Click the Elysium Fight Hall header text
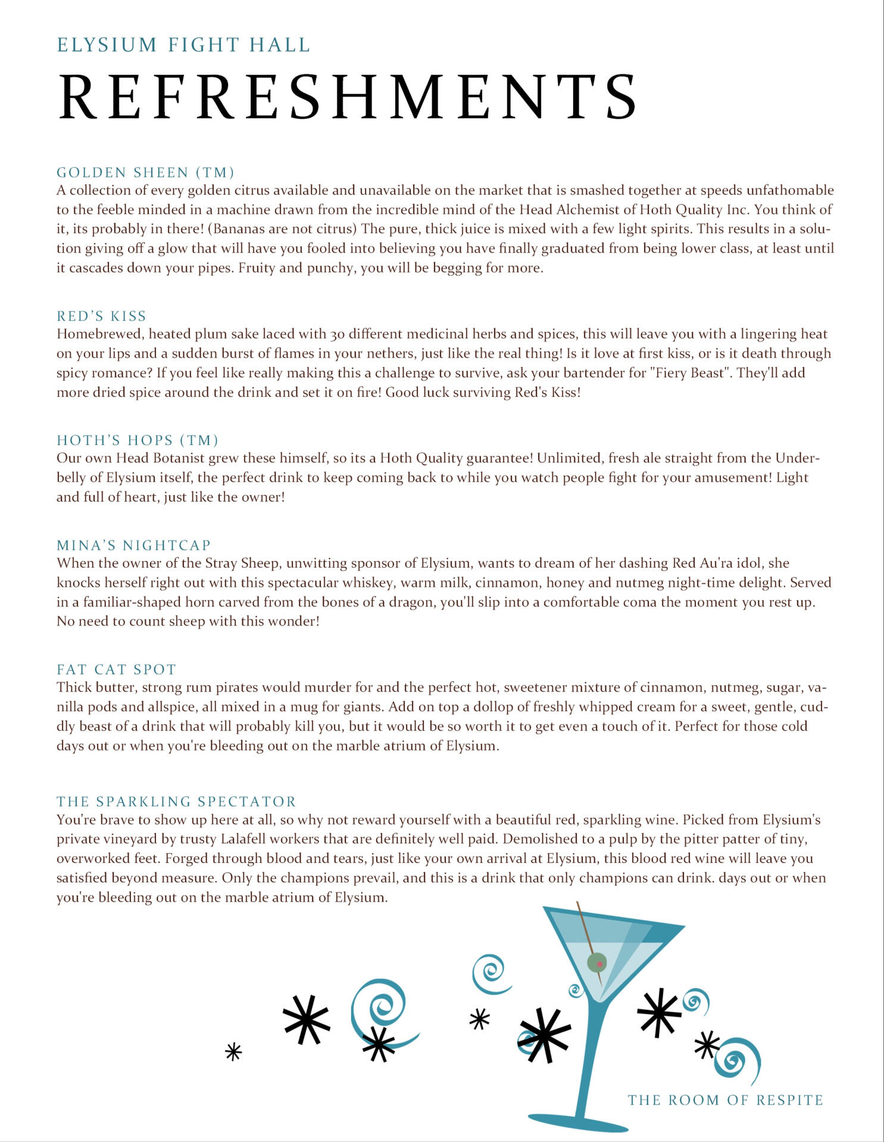coord(183,45)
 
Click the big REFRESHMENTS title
coord(348,97)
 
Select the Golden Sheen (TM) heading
coord(145,173)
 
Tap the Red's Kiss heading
coord(101,316)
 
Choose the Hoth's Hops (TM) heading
coord(138,440)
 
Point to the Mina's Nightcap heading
coord(134,545)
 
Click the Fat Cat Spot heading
coord(117,669)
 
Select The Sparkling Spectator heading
coord(176,802)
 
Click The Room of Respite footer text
coord(725,1100)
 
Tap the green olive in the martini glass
coord(596,961)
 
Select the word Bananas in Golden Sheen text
coord(238,229)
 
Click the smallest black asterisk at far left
coord(233,1052)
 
